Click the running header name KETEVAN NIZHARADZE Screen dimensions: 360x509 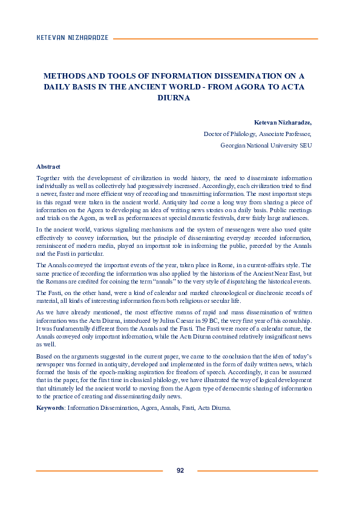click(x=72, y=37)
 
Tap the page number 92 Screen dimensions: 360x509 click(x=180, y=470)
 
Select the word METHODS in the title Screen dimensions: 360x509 click(x=62, y=76)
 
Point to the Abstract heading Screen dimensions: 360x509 click(x=48, y=166)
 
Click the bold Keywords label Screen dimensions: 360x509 click(x=51, y=407)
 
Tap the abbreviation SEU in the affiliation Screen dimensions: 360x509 click(x=305, y=145)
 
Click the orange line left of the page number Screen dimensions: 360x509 click(x=99, y=470)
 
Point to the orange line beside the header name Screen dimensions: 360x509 click(x=215, y=37)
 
